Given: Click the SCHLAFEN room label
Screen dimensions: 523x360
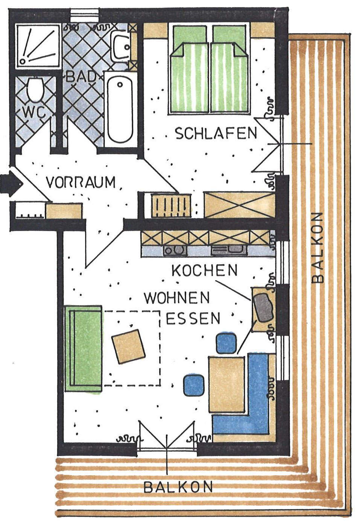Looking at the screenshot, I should [x=216, y=134].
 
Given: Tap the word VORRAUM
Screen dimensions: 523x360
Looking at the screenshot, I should [x=81, y=182].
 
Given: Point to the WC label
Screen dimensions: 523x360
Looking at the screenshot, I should [x=34, y=112].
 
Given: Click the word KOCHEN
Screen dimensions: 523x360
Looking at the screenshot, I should [x=205, y=270].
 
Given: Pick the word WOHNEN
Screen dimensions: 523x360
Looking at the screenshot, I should [x=177, y=298].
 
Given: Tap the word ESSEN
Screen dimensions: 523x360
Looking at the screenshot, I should [x=193, y=319].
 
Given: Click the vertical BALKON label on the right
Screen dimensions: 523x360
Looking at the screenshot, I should [x=318, y=247].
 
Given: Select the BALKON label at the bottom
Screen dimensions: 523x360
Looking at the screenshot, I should [x=178, y=487].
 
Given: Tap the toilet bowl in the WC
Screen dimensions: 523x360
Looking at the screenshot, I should [x=36, y=90].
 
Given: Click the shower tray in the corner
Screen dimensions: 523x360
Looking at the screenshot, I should [x=38, y=46].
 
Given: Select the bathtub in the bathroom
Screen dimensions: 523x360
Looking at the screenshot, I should [x=120, y=107].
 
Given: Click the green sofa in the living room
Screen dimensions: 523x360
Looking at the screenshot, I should [x=83, y=348].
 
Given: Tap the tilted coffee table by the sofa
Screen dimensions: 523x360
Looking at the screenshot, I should [x=128, y=346].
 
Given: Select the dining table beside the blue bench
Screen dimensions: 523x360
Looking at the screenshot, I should [x=226, y=384].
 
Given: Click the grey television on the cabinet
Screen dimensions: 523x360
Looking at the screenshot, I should [x=263, y=307].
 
